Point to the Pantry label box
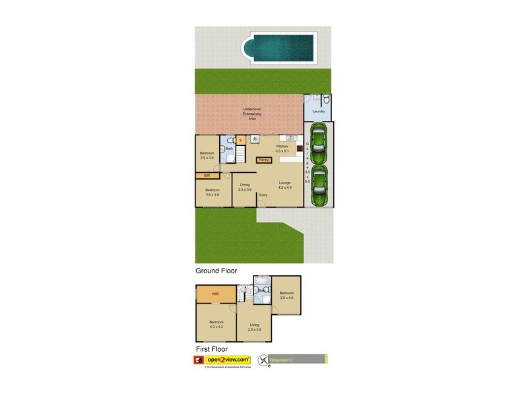[263, 159]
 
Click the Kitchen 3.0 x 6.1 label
[282, 148]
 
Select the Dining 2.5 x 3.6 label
[245, 187]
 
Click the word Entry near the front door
[263, 195]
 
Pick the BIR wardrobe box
[207, 176]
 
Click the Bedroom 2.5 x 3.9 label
[208, 156]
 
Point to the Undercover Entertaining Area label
[251, 114]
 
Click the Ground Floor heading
[215, 271]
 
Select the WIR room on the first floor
[215, 294]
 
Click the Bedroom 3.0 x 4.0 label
[286, 295]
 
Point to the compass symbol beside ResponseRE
[265, 360]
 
